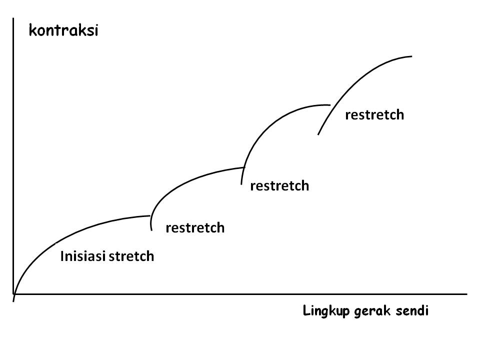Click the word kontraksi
click(63, 31)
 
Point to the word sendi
click(411, 311)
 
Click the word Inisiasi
click(82, 256)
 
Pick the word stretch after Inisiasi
click(131, 256)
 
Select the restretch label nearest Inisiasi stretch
click(195, 228)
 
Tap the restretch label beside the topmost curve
click(374, 115)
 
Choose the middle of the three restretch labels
click(279, 186)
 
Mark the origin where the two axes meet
click(14, 294)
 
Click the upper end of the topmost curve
click(411, 56)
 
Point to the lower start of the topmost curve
click(318, 134)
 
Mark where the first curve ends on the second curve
click(150, 215)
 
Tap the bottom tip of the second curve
click(151, 229)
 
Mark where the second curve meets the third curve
click(243, 166)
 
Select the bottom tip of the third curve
click(241, 184)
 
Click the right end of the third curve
click(330, 105)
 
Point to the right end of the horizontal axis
click(466, 294)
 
